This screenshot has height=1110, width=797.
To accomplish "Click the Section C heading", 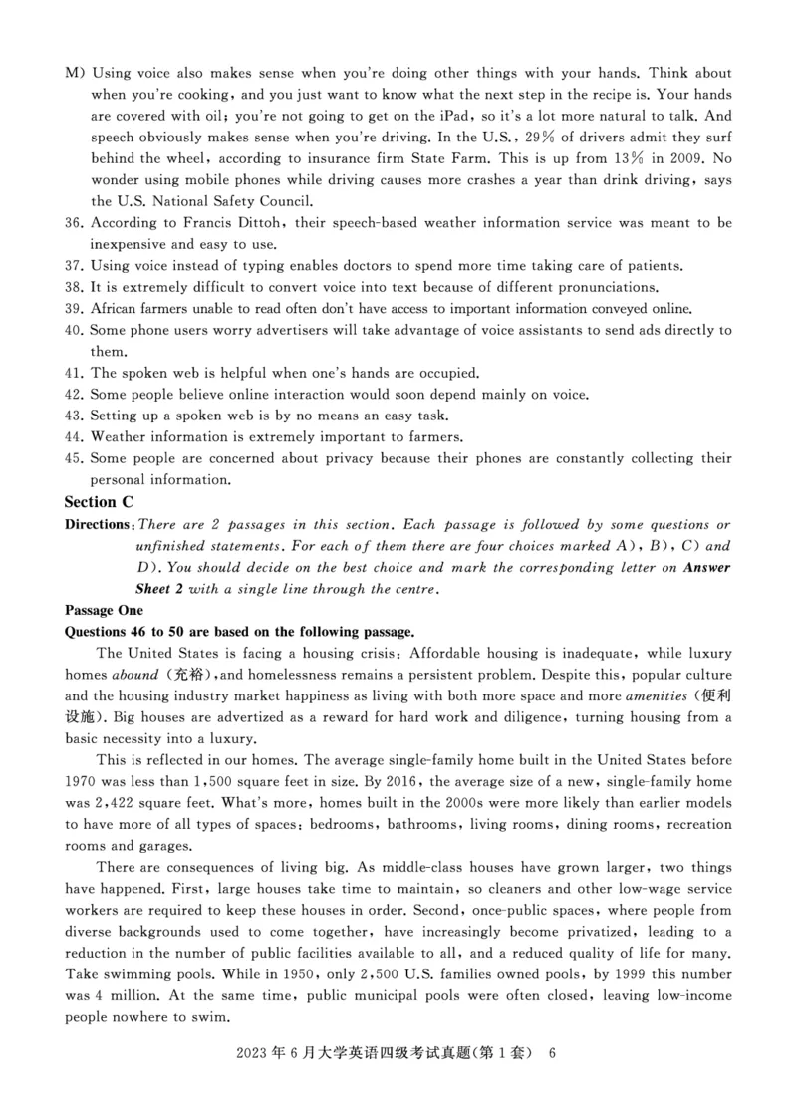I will pyautogui.click(x=99, y=501).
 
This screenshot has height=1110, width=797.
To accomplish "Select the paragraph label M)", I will pyautogui.click(x=75, y=74).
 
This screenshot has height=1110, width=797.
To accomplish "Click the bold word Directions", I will pyautogui.click(x=98, y=525).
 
